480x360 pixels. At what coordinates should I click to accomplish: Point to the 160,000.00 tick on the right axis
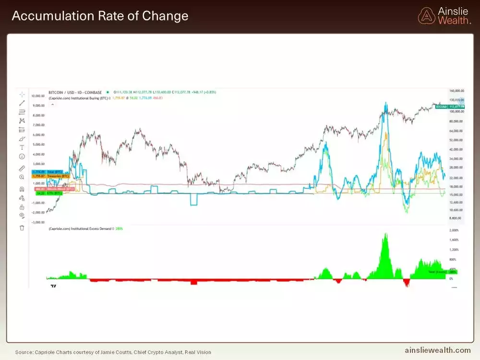(456, 91)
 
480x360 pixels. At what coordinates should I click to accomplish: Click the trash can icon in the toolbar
(22, 228)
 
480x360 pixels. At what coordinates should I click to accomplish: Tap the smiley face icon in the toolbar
(22, 156)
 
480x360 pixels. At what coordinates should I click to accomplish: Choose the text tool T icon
(22, 147)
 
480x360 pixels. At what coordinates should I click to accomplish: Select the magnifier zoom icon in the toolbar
(22, 177)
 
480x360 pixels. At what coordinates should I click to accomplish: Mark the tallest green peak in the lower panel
(385, 235)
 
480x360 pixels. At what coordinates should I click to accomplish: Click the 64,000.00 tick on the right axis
(456, 131)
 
